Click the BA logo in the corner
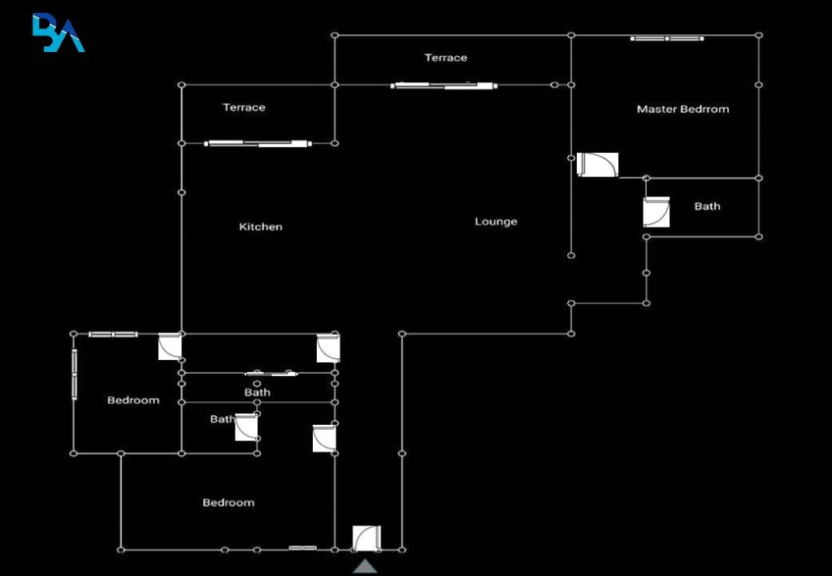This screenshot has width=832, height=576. coord(58,32)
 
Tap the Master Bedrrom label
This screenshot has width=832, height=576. coord(682,109)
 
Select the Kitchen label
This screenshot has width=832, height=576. coord(261,227)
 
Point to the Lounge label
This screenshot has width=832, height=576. coord(496,222)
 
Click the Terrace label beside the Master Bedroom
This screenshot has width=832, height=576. coord(446,58)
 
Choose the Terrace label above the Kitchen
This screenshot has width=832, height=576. coord(244,108)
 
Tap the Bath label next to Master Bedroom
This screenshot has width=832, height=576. coord(708,206)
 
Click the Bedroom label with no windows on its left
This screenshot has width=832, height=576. coord(228,503)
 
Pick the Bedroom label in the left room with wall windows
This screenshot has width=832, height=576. coord(133,401)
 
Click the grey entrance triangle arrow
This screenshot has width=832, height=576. coord(365,566)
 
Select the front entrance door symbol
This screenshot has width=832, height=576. coord(366,539)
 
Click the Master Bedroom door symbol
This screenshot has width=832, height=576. coord(597,164)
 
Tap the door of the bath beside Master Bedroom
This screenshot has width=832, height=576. coord(656,212)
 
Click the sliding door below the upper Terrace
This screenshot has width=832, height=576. coord(444,85)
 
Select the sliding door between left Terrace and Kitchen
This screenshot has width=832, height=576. coord(258,143)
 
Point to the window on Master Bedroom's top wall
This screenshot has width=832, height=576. coord(667,38)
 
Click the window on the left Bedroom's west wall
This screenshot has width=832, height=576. coord(74,374)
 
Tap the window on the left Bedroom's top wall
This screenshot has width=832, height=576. coord(113,334)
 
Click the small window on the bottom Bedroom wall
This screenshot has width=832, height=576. coord(302,548)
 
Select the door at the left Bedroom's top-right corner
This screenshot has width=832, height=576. coord(170,346)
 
